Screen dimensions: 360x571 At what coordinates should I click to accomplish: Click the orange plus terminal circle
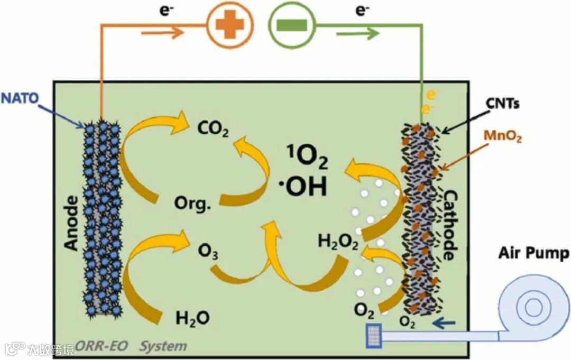(x=229, y=26)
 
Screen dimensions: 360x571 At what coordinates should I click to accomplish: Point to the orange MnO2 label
(x=502, y=139)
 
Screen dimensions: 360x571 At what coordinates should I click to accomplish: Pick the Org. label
(x=192, y=202)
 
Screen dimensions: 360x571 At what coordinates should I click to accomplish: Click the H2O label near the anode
(x=192, y=318)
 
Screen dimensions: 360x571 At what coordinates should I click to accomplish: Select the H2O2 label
(x=338, y=242)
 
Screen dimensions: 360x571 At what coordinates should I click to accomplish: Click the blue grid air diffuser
(x=374, y=335)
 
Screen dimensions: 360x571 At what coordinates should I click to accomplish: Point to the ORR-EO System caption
(x=131, y=347)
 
